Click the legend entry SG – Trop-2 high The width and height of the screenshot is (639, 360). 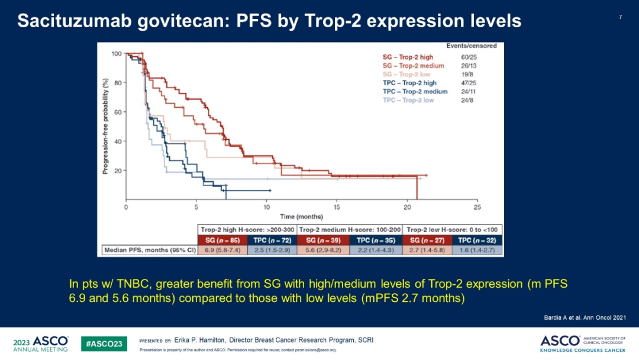click(x=408, y=57)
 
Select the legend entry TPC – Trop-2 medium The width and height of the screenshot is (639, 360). click(x=415, y=92)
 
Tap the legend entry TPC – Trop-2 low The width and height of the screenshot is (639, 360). click(x=408, y=100)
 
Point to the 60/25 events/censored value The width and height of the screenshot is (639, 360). click(x=467, y=57)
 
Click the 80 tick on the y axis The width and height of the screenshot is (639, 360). click(x=118, y=83)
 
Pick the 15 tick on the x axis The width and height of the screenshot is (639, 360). click(x=337, y=207)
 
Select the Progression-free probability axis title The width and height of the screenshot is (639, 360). click(x=105, y=127)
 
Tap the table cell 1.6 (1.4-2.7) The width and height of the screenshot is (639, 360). click(x=477, y=250)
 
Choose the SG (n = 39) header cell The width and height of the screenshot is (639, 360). click(x=323, y=240)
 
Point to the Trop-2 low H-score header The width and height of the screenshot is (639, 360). click(x=453, y=230)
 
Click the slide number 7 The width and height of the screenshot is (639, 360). click(x=620, y=17)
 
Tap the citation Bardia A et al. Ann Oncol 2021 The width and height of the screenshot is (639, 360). click(x=584, y=318)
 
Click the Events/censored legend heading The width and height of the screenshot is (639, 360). click(x=471, y=46)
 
